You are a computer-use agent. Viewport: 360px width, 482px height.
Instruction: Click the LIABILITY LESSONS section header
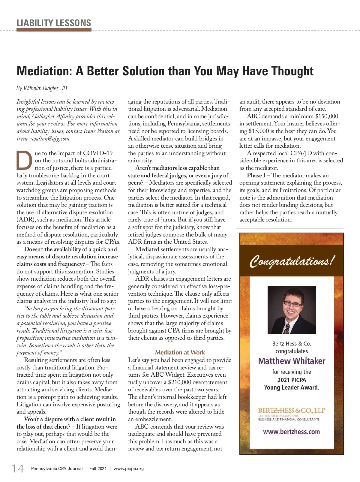(54, 23)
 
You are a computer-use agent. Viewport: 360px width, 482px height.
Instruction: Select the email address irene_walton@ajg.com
(43, 139)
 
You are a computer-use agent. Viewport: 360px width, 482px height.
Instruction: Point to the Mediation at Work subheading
(180, 352)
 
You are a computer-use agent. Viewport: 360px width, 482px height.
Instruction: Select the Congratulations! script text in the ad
(291, 261)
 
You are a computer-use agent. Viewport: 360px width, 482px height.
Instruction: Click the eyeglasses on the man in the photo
(292, 304)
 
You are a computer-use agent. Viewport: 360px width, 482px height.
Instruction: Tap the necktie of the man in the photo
(287, 329)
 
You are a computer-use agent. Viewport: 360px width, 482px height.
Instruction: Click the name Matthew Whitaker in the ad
(292, 361)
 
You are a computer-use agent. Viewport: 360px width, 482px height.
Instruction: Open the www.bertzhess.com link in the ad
(291, 432)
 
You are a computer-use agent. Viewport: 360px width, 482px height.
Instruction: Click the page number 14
(18, 469)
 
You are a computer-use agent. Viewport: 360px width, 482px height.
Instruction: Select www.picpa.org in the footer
(129, 469)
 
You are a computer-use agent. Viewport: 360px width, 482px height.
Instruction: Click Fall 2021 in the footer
(98, 469)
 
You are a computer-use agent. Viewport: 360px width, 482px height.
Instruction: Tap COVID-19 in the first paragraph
(98, 153)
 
